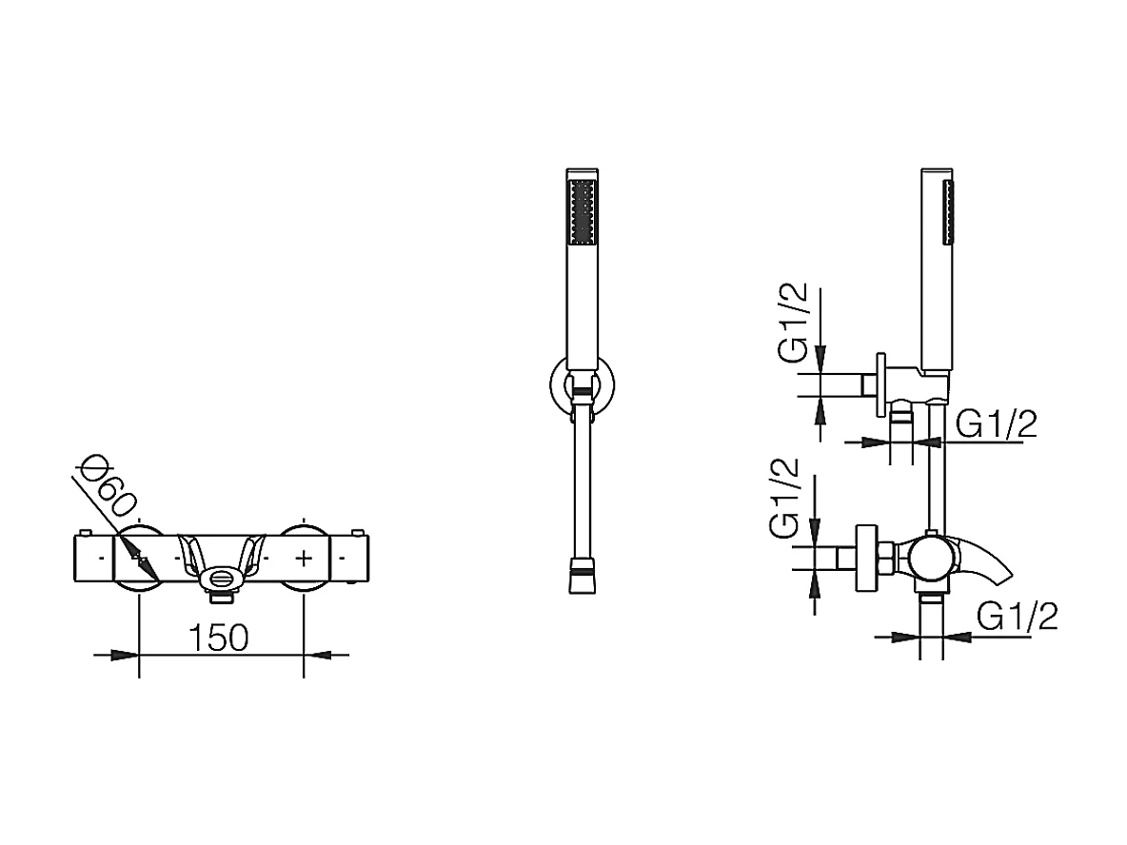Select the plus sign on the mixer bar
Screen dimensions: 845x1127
[x=304, y=555]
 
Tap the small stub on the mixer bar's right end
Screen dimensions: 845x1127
[x=358, y=532]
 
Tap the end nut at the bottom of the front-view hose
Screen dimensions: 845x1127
[x=581, y=580]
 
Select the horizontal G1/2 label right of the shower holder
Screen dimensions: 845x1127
[x=996, y=425]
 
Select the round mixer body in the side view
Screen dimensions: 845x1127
[x=928, y=559]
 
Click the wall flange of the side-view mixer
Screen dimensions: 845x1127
[x=866, y=559]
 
